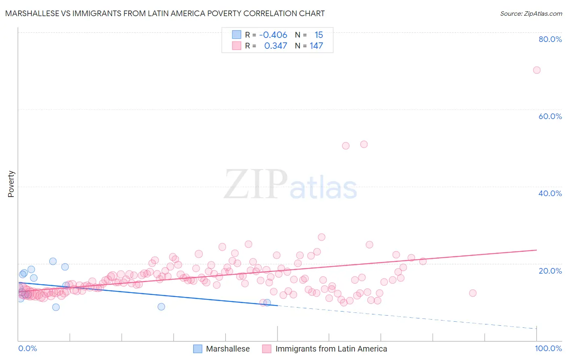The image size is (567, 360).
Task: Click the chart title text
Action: [165, 13]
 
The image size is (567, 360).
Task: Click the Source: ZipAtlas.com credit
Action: [531, 13]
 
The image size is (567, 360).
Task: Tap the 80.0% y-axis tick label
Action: [550, 39]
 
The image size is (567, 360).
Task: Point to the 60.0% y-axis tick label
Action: [550, 116]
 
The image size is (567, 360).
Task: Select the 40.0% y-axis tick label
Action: [550, 193]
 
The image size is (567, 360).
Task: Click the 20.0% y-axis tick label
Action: [550, 270]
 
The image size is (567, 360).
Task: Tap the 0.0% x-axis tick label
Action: [27, 348]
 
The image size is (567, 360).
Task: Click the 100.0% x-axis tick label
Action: [548, 348]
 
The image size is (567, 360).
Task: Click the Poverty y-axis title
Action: [11, 184]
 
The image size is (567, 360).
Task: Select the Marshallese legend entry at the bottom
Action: [227, 349]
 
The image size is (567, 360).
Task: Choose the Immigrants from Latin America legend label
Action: [331, 349]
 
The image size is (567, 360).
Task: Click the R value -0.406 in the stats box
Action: [273, 35]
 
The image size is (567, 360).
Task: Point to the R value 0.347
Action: [275, 46]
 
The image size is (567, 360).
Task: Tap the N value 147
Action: [316, 46]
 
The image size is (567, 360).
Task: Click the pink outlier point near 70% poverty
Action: [536, 70]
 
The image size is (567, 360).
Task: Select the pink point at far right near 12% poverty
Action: [473, 293]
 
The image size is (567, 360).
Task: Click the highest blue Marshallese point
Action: [53, 261]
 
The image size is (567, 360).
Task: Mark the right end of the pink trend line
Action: [536, 250]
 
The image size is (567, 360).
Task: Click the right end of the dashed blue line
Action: [536, 328]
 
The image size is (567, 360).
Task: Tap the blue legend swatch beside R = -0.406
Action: [236, 35]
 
